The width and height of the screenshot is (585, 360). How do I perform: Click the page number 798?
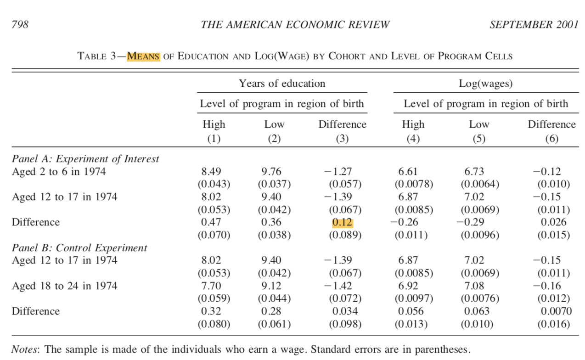click(20, 25)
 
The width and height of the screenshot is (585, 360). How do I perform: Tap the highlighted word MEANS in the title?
click(143, 56)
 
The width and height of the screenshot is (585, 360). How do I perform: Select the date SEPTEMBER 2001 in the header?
click(534, 25)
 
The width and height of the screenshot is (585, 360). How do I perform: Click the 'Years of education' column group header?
click(281, 84)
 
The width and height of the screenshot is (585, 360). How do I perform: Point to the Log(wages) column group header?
click(486, 84)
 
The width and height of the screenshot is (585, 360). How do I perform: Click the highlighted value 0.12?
click(342, 222)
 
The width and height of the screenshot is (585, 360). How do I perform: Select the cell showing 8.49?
click(211, 172)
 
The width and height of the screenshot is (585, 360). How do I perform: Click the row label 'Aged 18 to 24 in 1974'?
click(64, 286)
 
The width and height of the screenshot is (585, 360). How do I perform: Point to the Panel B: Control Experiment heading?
click(79, 248)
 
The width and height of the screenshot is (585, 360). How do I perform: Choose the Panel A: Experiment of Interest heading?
click(85, 159)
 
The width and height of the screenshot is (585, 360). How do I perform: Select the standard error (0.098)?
click(345, 324)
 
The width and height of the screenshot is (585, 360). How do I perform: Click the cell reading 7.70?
click(211, 286)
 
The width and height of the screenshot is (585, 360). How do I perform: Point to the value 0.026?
click(553, 222)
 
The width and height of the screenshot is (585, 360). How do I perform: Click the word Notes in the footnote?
click(26, 349)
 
